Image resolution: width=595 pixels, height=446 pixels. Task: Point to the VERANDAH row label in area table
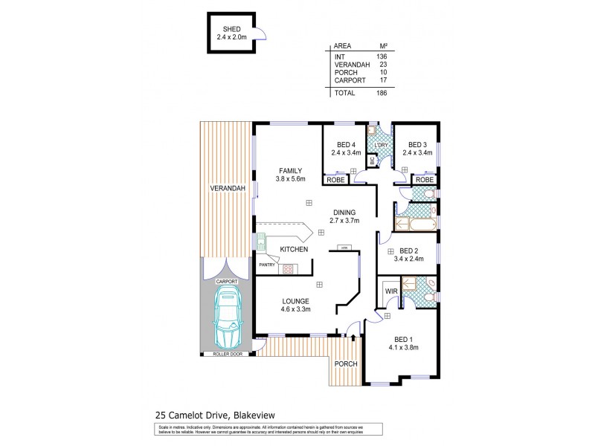[x=351, y=65]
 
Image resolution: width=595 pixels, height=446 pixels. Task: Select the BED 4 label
[x=345, y=144]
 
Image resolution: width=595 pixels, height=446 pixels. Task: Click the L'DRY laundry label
[x=381, y=144]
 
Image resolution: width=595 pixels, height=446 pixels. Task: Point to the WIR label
[x=390, y=292]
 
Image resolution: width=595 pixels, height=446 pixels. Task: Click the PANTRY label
[x=268, y=265]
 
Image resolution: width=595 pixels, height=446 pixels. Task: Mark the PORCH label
[x=345, y=363]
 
